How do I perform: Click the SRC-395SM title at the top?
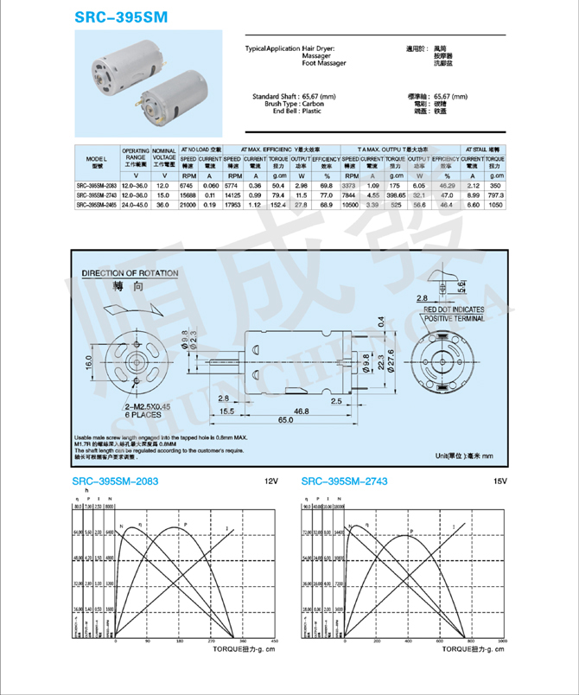click(x=120, y=16)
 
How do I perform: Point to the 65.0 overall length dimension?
click(x=284, y=419)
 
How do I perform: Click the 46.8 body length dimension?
click(x=302, y=410)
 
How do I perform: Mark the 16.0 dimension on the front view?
click(x=88, y=358)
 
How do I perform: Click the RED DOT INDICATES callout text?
click(x=454, y=309)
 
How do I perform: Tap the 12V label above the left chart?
click(x=270, y=481)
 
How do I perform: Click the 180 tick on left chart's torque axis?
click(x=179, y=641)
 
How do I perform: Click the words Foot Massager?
click(x=324, y=63)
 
